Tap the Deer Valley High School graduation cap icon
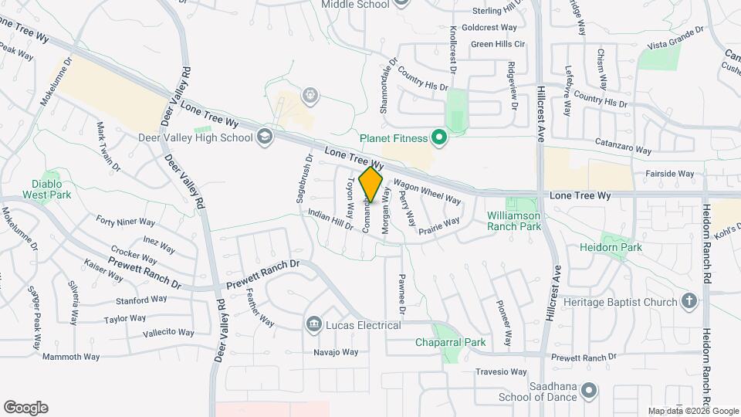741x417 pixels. click(x=266, y=137)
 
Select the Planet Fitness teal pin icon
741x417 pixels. click(x=439, y=138)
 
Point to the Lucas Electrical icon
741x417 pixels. click(x=313, y=325)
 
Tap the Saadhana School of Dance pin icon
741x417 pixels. click(x=590, y=391)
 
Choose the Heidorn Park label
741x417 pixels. click(x=611, y=248)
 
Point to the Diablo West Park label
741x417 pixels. click(x=52, y=189)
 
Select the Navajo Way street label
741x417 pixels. click(x=336, y=352)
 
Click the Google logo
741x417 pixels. click(x=25, y=408)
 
